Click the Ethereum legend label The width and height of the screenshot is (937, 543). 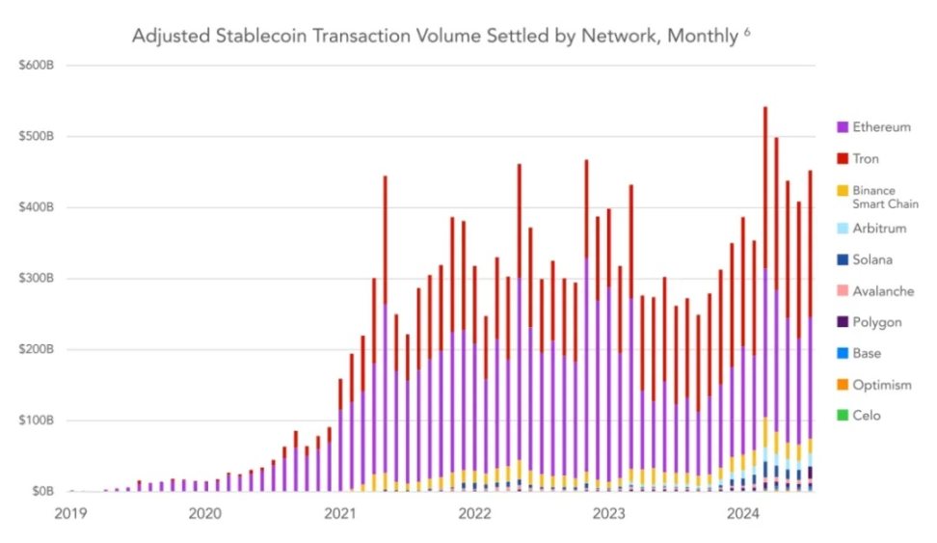tap(881, 127)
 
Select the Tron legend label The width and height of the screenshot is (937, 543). tap(866, 159)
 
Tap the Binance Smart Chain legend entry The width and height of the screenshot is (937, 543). tap(884, 198)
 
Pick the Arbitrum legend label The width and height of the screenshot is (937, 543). tap(880, 229)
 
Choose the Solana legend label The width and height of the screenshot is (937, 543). tap(873, 260)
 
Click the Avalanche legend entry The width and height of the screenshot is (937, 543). tap(883, 291)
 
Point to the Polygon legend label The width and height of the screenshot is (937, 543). tap(875, 322)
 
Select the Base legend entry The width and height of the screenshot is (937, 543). tap(867, 354)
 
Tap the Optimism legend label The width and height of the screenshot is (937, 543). tap(881, 385)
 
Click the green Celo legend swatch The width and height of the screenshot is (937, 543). tap(843, 416)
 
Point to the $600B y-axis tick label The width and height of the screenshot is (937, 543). tap(38, 66)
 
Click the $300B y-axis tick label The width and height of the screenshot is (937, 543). tap(38, 279)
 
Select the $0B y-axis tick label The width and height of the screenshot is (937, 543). tap(41, 492)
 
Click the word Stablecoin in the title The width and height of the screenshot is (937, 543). tap(256, 37)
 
